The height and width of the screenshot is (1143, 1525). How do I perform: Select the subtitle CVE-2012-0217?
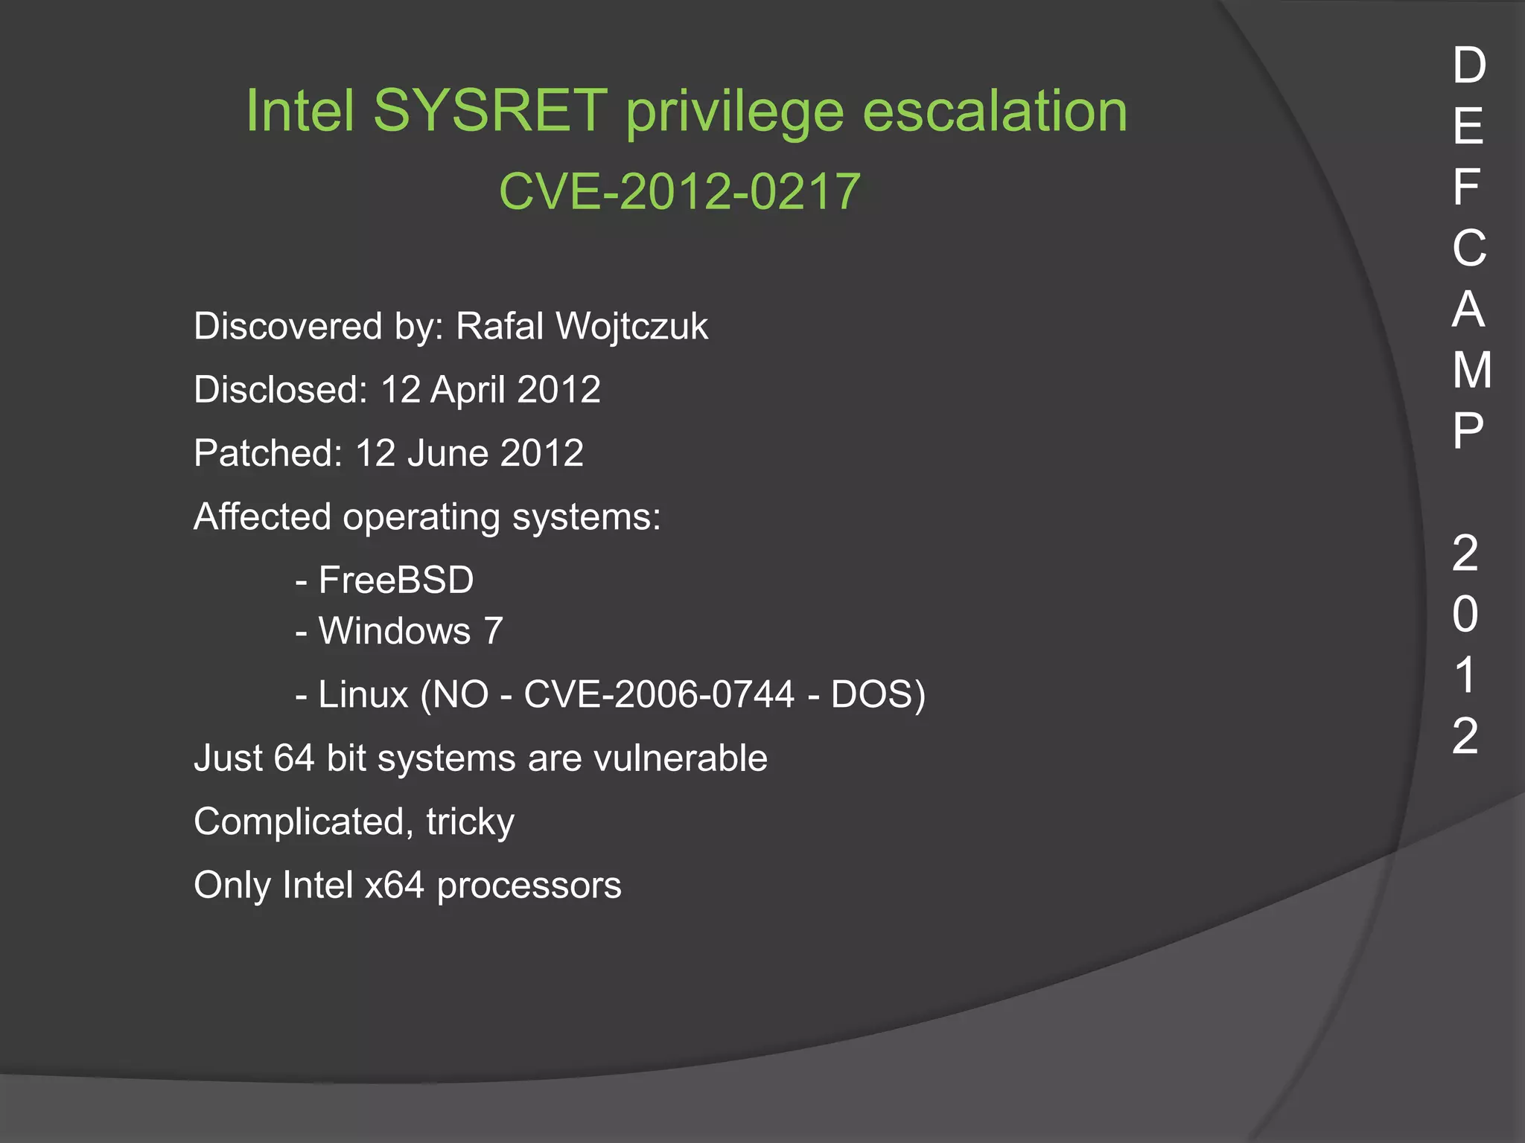click(679, 191)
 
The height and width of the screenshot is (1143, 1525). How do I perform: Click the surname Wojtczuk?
click(632, 327)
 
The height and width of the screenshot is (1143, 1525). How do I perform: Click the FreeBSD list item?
click(395, 580)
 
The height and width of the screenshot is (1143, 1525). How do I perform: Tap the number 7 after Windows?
click(493, 630)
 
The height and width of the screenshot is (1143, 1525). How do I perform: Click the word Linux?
click(363, 694)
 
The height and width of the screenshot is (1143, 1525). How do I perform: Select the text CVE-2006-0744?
click(659, 694)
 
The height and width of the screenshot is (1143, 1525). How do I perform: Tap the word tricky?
click(470, 822)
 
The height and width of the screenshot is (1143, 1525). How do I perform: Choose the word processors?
click(529, 886)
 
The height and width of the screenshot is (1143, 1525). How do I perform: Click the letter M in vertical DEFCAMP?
click(1471, 370)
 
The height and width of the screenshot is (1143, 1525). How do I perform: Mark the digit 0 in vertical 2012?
click(1465, 614)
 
